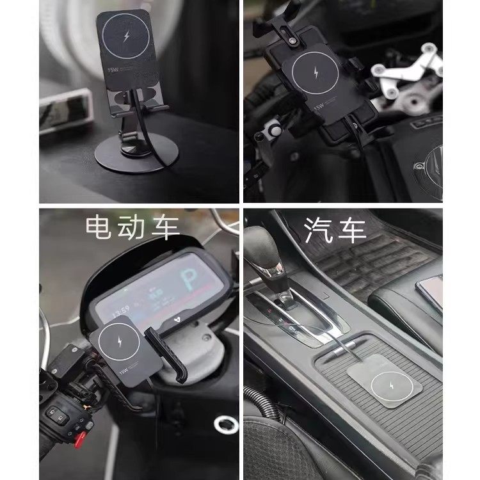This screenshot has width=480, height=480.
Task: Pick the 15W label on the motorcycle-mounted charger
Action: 317,108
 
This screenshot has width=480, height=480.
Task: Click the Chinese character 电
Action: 103,228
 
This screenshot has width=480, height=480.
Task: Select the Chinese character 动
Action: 133,228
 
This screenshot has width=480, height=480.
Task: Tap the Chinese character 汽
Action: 318,228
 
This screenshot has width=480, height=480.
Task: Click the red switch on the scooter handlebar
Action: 81,439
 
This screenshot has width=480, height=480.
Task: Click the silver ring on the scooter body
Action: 226,424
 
